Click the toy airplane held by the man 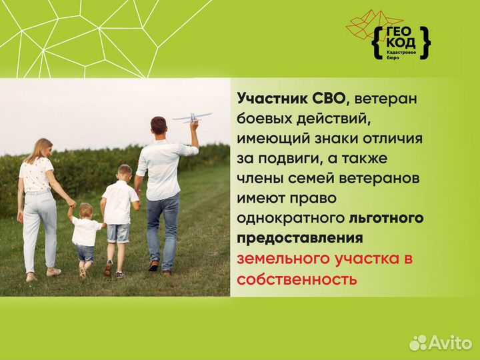tap(191, 118)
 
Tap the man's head tap(159, 126)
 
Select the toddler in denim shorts tap(85, 236)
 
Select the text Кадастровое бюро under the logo tap(402, 57)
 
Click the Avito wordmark tap(450, 343)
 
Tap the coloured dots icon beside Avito tap(418, 343)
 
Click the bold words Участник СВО tap(292, 99)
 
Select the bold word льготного tap(386, 218)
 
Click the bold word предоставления tap(300, 238)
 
